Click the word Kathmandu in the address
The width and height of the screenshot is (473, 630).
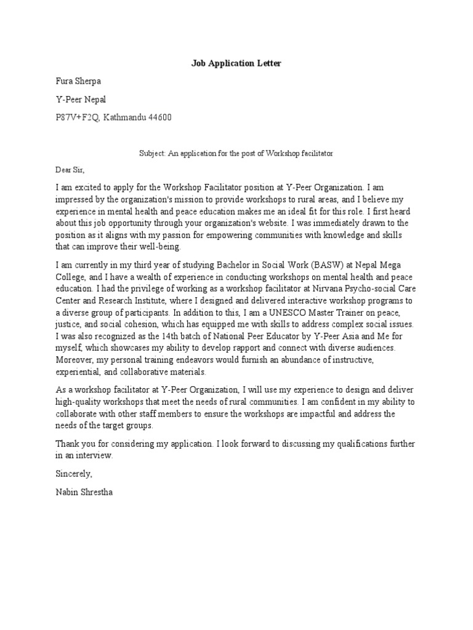pyautogui.click(x=124, y=117)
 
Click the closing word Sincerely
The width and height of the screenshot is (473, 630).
pyautogui.click(x=74, y=474)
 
